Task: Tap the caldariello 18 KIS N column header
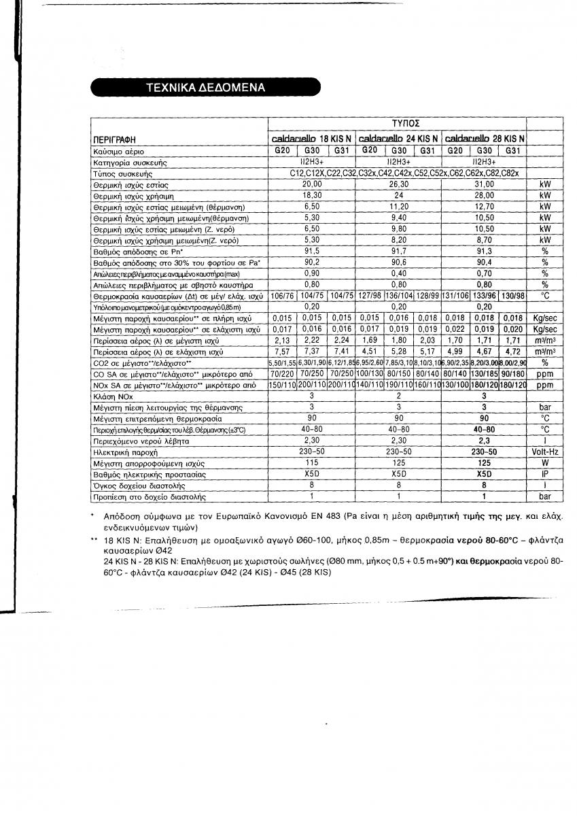click(311, 138)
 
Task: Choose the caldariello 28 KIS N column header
click(484, 138)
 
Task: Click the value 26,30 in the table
click(398, 184)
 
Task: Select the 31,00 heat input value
click(484, 184)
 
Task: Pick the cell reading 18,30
click(311, 195)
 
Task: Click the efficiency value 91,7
click(398, 250)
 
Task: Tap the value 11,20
click(398, 206)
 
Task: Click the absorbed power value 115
click(311, 463)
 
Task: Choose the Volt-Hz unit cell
click(544, 452)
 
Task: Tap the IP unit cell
click(544, 474)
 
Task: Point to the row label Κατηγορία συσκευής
click(129, 163)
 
